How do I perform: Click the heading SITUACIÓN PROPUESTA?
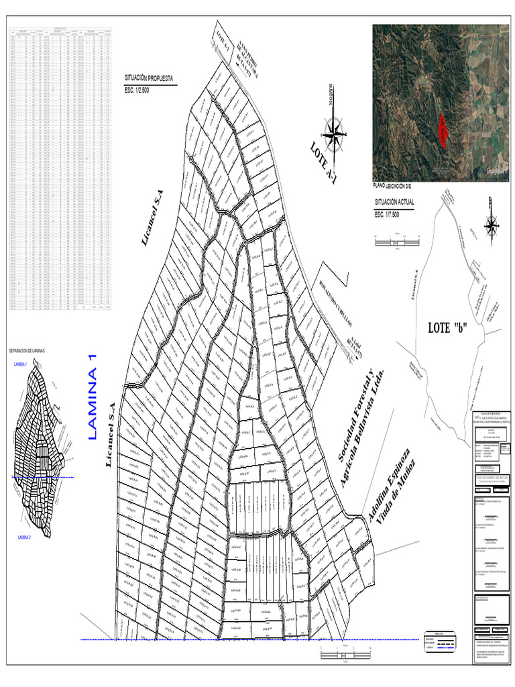(x=146, y=78)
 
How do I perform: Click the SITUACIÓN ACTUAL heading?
(x=394, y=202)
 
